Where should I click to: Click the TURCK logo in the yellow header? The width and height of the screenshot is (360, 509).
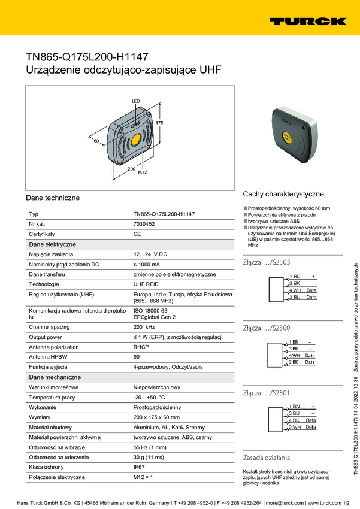coord(307,21)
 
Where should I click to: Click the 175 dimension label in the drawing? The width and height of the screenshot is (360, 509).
coord(159,122)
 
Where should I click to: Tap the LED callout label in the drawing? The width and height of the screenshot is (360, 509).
coord(135,101)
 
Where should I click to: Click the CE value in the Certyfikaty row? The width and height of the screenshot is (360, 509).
coord(137,234)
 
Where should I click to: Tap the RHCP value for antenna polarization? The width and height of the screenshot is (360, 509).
coord(141,346)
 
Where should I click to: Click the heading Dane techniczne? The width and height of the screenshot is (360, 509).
coord(53,197)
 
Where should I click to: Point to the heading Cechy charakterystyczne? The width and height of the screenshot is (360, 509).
coord(283,194)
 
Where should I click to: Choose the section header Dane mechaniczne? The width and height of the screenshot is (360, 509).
coord(55,377)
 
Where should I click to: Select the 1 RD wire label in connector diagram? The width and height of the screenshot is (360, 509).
coord(295,276)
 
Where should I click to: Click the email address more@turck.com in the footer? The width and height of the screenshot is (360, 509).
coord(280,502)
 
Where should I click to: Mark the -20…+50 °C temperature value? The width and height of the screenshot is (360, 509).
coord(149,397)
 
